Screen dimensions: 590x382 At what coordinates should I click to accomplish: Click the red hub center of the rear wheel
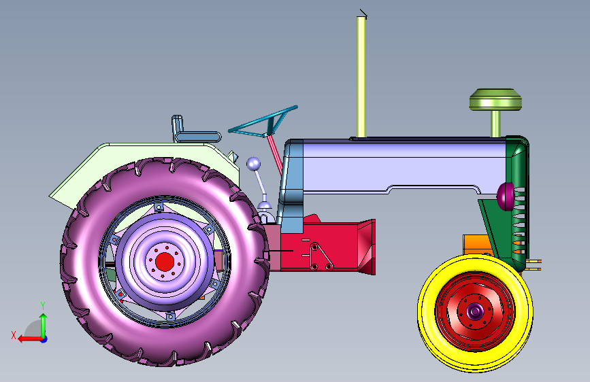coord(165,262)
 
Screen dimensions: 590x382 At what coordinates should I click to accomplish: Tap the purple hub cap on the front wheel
coord(474,311)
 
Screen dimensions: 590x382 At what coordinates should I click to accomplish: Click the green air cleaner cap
coord(495,100)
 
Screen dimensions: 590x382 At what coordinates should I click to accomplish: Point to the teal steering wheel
coord(263,122)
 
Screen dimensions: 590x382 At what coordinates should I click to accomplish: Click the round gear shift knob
coord(253,164)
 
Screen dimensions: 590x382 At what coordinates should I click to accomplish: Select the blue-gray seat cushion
coord(198,137)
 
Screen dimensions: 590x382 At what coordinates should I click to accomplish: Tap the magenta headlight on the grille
coord(505,196)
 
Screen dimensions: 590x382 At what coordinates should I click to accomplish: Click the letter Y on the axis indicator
coord(43,305)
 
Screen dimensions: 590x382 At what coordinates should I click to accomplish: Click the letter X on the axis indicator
coord(14,335)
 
